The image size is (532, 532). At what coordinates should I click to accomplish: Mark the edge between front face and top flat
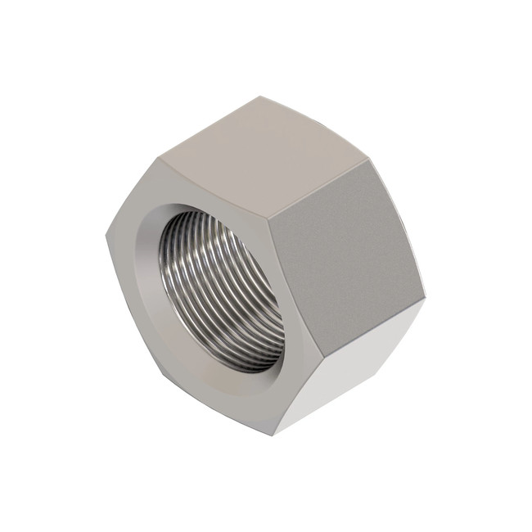pyautogui.click(x=213, y=188)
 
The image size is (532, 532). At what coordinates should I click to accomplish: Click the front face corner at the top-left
pyautogui.click(x=158, y=160)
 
